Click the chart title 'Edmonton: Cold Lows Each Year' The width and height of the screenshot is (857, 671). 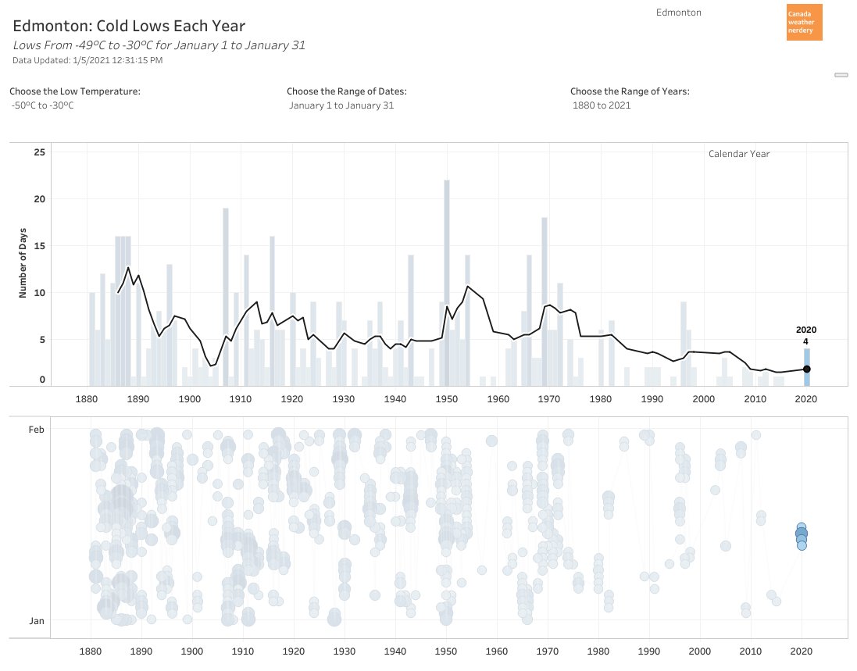coord(130,26)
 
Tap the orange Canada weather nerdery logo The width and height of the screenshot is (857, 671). coord(804,23)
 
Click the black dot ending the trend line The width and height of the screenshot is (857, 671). coord(807,369)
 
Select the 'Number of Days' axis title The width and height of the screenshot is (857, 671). coord(23,262)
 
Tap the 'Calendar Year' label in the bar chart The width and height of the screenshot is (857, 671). coord(738,154)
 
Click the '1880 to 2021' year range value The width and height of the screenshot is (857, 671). coord(602,105)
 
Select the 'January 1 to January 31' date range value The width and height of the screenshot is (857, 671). coord(341,105)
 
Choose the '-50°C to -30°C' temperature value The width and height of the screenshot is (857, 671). coord(43,105)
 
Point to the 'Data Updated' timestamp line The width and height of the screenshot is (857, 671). coord(87,60)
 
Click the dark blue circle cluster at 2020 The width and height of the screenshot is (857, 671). coord(802,536)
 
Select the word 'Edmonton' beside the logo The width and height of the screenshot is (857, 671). coord(678,12)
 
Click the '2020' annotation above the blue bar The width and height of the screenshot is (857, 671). coord(806,330)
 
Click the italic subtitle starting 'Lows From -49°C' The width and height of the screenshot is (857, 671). coord(159,45)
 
